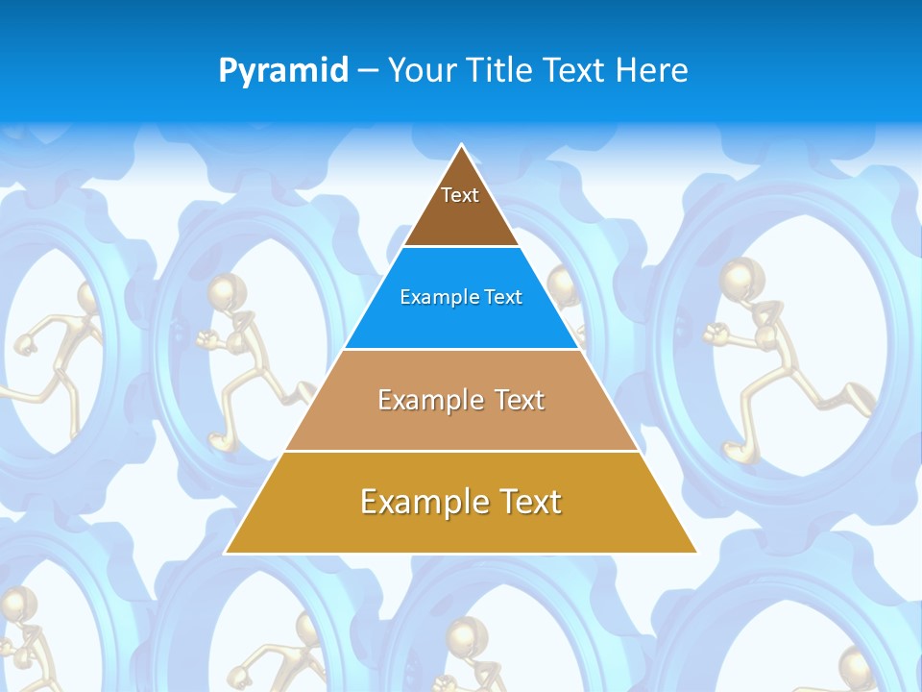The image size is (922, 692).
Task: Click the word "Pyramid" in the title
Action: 283,70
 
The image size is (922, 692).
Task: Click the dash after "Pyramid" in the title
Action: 368,71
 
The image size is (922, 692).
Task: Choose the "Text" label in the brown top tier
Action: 460,195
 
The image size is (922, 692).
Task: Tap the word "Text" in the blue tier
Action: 504,298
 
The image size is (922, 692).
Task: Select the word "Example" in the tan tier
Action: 428,400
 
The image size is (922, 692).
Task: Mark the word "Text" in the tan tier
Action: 520,400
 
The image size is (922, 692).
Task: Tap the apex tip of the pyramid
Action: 461,146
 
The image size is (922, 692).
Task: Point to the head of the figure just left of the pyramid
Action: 226,290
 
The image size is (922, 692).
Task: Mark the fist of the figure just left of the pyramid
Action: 204,338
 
